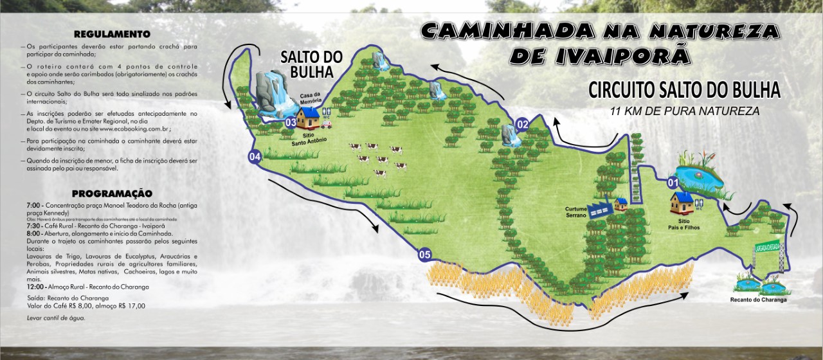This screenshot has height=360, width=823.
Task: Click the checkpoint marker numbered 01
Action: [x=674, y=183]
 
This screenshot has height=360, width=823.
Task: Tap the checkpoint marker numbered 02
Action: [x=522, y=124]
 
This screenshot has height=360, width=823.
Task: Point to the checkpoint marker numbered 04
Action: [x=255, y=156]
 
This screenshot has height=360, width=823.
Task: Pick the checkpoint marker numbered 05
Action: [x=424, y=254]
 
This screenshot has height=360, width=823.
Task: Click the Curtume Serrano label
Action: [x=575, y=212]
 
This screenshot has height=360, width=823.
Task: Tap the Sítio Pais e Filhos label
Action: [x=683, y=224]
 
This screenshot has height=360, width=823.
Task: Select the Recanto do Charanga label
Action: [x=758, y=300]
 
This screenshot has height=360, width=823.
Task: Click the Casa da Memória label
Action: [x=311, y=98]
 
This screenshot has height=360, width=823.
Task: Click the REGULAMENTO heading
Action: [x=112, y=33]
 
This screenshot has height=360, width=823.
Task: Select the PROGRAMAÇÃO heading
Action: [x=112, y=193]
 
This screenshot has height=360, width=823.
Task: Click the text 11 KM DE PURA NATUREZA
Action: [x=685, y=111]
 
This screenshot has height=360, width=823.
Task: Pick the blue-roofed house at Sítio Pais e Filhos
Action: [x=682, y=203]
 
